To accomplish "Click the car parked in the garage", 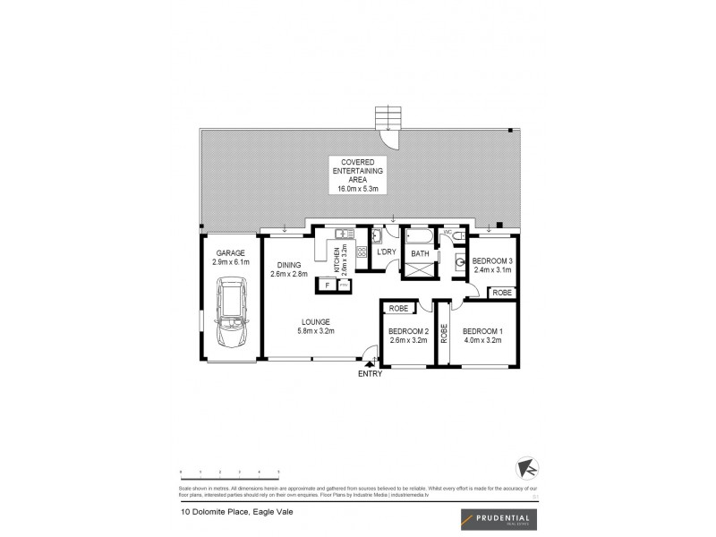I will point(232,315).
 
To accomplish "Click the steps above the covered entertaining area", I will point(387,118).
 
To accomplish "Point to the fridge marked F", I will point(328,286).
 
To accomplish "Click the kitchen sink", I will point(341,235).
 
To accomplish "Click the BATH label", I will point(420,254).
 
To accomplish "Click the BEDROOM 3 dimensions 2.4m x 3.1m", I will point(490,269).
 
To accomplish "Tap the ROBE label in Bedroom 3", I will point(502,293).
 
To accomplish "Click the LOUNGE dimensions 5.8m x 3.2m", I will point(316,332).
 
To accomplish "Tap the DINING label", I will point(288,264).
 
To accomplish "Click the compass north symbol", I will point(527,468).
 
